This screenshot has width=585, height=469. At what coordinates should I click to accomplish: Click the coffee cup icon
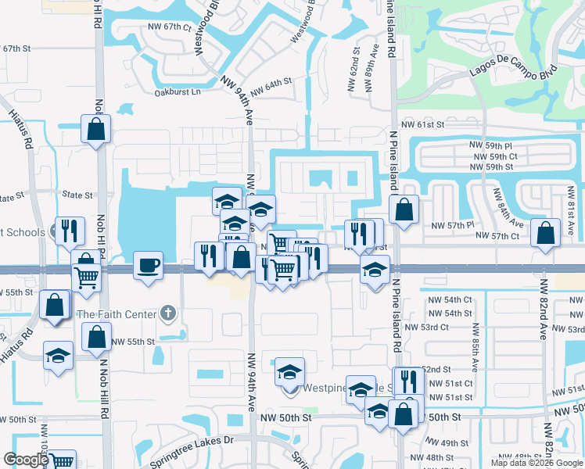coord(148,264)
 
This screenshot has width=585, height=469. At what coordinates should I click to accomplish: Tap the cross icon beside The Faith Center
coord(167,314)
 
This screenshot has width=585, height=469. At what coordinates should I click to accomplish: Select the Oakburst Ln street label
coord(178,92)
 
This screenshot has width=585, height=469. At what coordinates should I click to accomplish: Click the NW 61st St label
coord(422,124)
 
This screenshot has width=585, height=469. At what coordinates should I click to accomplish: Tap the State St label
coord(77,195)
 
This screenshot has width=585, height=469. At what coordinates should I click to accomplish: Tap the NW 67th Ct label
coord(170,27)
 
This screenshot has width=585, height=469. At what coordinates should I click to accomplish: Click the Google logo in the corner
coord(26,460)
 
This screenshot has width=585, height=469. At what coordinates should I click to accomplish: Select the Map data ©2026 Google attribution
coord(537,463)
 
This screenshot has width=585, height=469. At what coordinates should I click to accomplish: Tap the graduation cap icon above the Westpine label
coord(289,371)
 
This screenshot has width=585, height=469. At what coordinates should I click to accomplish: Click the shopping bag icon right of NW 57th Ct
coord(544,232)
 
